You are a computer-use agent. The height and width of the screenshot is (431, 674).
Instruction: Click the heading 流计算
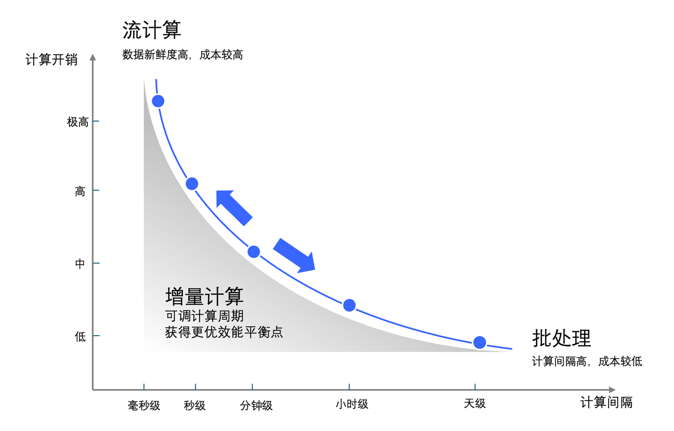(152, 30)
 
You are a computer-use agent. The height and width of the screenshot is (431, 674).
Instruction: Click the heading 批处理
(561, 338)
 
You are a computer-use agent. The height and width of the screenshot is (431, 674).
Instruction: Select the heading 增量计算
(204, 297)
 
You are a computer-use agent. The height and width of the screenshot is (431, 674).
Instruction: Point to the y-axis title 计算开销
(51, 60)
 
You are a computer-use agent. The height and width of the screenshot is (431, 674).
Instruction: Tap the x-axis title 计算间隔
(606, 403)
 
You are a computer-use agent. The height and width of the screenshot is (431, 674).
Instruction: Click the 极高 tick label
(77, 122)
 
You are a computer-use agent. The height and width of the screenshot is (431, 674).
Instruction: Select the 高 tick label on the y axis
(80, 192)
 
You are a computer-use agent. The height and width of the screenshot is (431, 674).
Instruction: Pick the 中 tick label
(80, 264)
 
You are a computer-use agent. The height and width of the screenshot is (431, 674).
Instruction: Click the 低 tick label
(80, 337)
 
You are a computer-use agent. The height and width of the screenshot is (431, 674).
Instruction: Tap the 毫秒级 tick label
(144, 406)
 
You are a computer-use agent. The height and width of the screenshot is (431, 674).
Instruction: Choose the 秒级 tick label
(195, 406)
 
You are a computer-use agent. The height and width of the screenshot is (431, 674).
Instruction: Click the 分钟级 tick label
(256, 406)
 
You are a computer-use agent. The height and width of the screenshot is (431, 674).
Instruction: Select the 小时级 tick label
(352, 404)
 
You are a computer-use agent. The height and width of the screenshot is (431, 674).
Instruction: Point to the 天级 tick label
(474, 404)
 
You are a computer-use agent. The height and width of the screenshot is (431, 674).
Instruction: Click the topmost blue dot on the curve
(157, 101)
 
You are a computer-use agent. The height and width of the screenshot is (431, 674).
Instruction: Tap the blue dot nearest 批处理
(479, 343)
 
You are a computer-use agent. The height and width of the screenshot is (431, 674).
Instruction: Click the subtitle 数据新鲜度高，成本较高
(183, 55)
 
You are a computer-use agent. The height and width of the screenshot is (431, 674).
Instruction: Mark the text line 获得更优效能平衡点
(224, 332)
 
